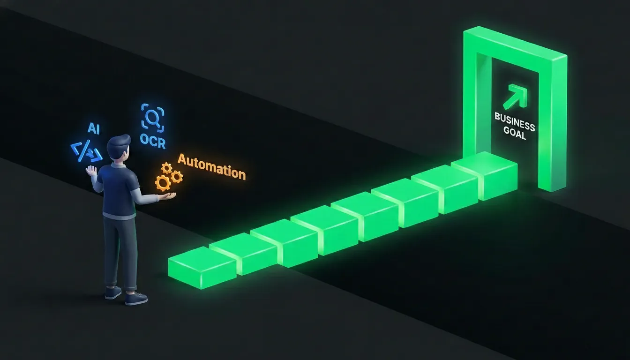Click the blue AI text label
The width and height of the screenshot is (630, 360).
coord(93,128)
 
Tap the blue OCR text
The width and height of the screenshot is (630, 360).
coord(152,141)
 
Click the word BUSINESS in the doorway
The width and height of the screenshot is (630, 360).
coord(515,121)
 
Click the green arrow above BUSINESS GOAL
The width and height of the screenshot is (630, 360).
coord(515,96)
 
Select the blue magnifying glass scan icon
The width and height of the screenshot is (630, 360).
coord(152,118)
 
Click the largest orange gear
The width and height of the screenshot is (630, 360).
coord(163,183)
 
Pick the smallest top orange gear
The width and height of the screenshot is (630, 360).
coord(166,168)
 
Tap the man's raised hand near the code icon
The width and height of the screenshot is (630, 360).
coord(91,171)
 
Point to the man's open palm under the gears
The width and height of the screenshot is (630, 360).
coord(168,196)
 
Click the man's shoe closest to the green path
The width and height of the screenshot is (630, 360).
coord(136,299)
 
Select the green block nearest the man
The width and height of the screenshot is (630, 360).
coord(202,267)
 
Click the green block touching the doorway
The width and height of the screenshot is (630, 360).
coord(484,175)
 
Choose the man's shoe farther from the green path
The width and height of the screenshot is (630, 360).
coord(113,292)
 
